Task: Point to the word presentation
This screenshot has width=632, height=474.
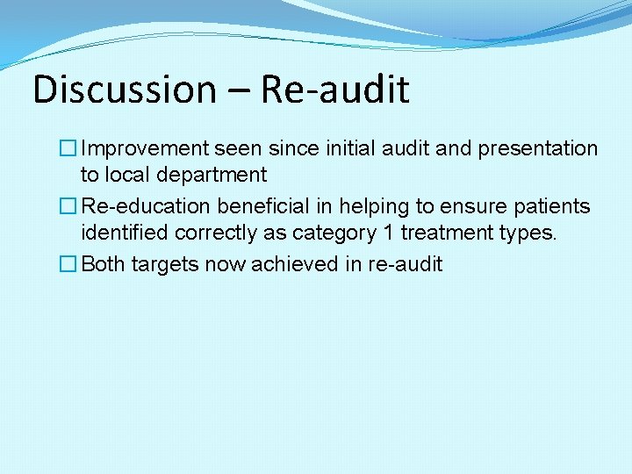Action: (537, 149)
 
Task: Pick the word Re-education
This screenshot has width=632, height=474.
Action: (146, 206)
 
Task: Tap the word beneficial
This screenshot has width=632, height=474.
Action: (260, 206)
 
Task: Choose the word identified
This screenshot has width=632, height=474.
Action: (125, 233)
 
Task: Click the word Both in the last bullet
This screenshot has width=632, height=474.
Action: (103, 264)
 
